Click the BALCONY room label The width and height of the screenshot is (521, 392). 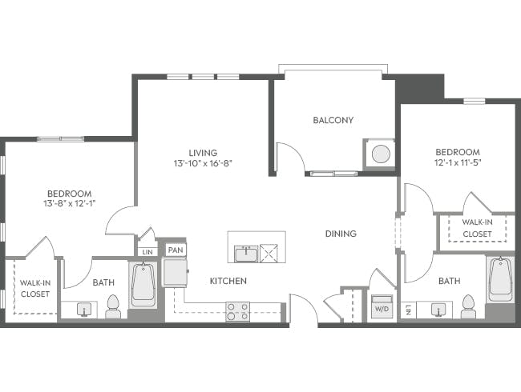point(333,121)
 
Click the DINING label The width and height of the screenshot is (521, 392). point(341,234)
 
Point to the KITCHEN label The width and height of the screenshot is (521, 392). point(228,281)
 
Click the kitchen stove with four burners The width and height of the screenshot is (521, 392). point(237,311)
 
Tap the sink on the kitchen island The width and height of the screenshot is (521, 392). point(244,254)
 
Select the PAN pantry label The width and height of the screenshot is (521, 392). point(174,250)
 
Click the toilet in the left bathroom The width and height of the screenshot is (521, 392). point(113,306)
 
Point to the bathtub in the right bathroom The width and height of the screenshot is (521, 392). point(501,279)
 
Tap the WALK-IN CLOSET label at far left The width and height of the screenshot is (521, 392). point(34,288)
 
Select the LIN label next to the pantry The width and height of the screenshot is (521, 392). point(147,251)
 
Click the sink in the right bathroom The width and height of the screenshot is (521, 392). point(438,308)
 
